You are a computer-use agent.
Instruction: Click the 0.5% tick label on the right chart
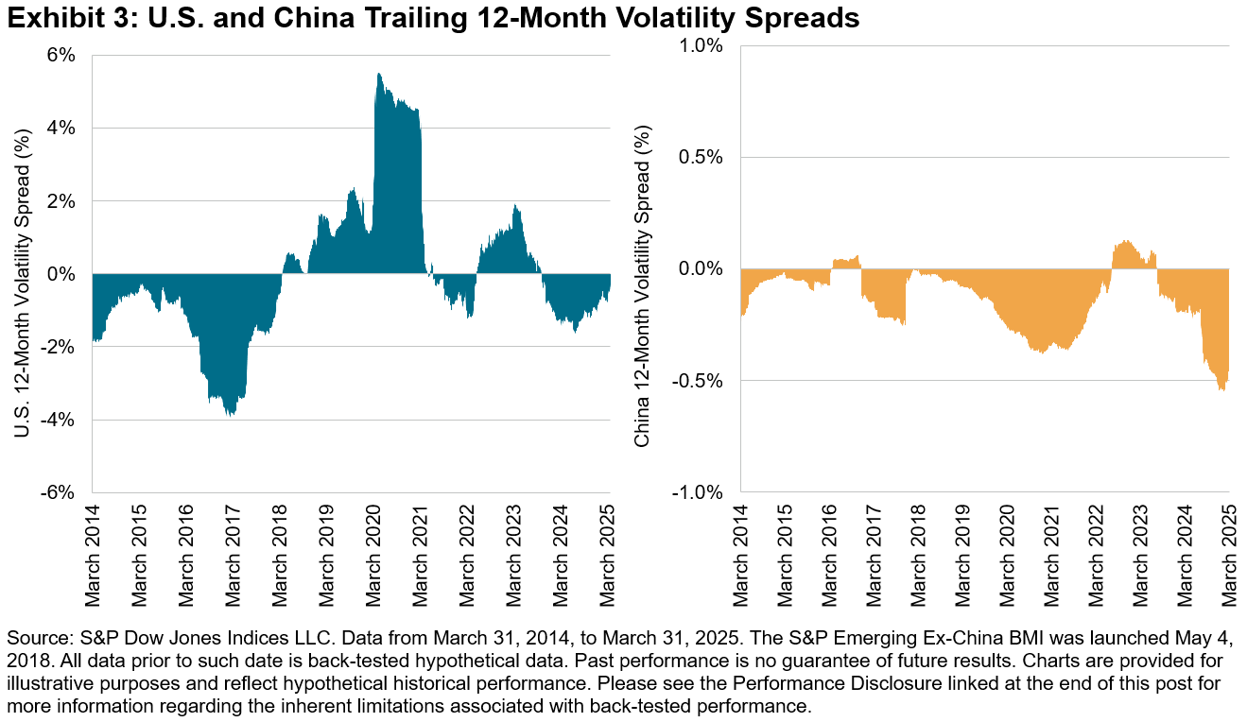(x=703, y=157)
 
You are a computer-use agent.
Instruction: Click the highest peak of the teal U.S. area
(x=378, y=74)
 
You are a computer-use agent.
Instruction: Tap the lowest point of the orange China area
(x=1221, y=390)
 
